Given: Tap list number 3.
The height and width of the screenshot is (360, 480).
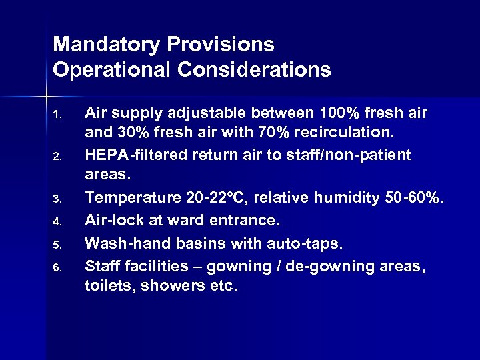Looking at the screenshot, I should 57,199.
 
